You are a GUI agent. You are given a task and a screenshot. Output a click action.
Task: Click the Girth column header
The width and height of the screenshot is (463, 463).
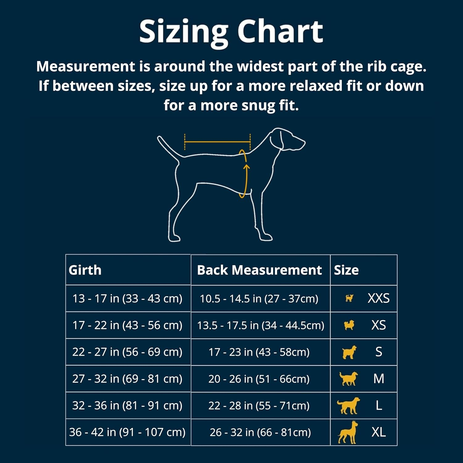pos(85,270)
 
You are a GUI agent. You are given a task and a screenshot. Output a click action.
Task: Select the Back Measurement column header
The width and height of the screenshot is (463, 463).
pos(259,270)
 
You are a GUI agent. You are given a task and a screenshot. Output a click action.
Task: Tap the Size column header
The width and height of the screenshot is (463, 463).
pos(346,270)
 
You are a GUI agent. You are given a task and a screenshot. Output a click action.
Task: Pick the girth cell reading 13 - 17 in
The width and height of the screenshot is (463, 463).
pos(127,298)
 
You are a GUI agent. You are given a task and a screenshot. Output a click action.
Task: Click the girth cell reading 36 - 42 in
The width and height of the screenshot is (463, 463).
pos(127,432)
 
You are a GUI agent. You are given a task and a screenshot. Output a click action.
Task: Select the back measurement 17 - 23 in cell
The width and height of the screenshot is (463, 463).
pos(259,352)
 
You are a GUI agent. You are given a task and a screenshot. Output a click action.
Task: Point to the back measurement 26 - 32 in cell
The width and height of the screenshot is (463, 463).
pos(260,432)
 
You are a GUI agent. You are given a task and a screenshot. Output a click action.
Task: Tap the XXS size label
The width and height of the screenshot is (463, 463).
pos(378,298)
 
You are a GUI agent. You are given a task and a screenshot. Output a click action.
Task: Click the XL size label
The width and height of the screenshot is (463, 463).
pos(378,432)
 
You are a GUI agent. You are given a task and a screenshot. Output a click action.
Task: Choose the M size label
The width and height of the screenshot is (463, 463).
pos(379,379)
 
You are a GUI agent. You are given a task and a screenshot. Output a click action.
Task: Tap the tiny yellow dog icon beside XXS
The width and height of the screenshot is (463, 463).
pos(349,298)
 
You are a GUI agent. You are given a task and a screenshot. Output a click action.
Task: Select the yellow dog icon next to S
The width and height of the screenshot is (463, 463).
pos(349,352)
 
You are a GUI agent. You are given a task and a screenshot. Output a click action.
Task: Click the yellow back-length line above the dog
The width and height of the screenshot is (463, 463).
pos(217,142)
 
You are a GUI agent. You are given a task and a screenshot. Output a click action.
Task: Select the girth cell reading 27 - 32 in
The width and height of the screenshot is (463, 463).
pos(127,379)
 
